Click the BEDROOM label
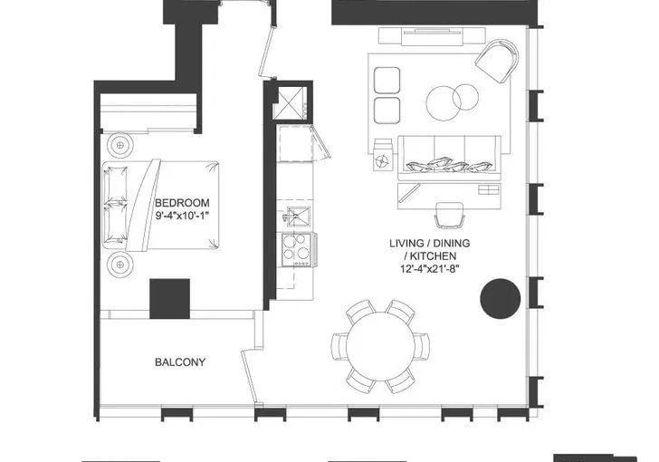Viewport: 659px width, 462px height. click(182, 202)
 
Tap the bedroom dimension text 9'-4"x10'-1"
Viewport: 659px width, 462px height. click(182, 216)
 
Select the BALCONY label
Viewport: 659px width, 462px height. click(180, 361)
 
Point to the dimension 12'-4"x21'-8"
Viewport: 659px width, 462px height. click(429, 268)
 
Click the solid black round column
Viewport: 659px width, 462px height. click(500, 298)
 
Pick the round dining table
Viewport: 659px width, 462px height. click(380, 346)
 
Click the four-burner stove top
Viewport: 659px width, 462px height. click(297, 249)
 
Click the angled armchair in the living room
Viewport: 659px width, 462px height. click(497, 61)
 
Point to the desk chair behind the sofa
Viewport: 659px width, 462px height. click(449, 215)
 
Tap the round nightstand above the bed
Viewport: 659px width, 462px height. click(120, 145)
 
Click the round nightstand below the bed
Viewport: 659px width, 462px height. click(120, 265)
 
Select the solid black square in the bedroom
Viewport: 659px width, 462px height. click(170, 298)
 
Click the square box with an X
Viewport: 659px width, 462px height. click(290, 104)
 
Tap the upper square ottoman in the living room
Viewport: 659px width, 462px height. click(387, 80)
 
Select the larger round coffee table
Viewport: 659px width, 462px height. click(444, 103)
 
